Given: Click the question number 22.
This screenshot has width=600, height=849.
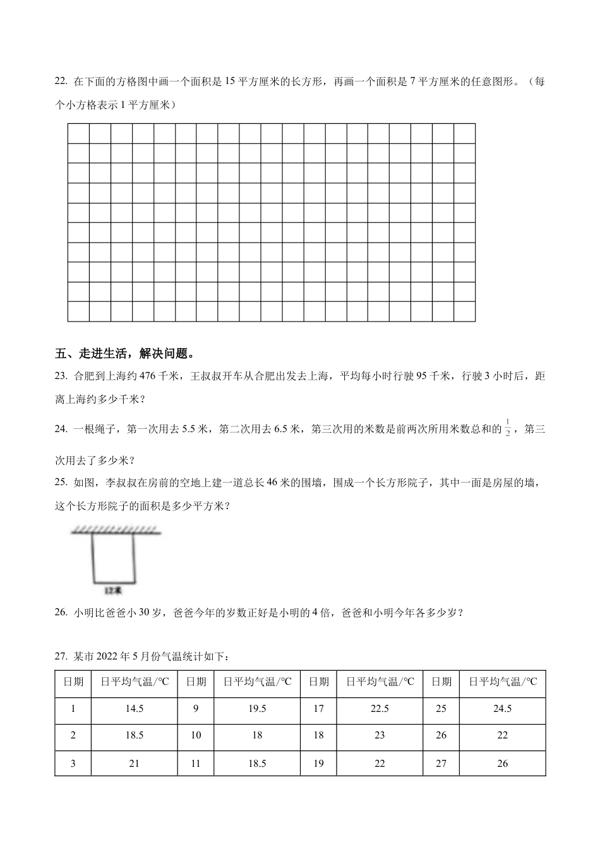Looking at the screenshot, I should click(61, 81).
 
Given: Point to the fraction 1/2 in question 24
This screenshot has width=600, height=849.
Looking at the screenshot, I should click(508, 430).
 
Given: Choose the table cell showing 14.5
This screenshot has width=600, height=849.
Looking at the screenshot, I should click(134, 709).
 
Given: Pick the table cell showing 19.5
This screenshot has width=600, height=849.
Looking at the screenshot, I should click(257, 709).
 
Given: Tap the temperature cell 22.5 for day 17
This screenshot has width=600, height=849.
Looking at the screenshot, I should click(380, 709).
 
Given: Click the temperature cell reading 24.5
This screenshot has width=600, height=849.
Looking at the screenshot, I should click(502, 709).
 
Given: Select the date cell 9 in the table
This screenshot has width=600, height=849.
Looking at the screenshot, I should click(196, 709).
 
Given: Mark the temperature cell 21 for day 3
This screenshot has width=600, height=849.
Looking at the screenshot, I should click(134, 764).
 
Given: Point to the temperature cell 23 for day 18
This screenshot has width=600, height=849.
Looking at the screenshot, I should click(380, 735).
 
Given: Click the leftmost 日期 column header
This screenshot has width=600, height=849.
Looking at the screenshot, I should click(73, 682).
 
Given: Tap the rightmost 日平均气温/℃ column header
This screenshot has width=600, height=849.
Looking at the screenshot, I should click(502, 682).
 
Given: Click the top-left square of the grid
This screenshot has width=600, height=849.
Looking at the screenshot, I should click(78, 133).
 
